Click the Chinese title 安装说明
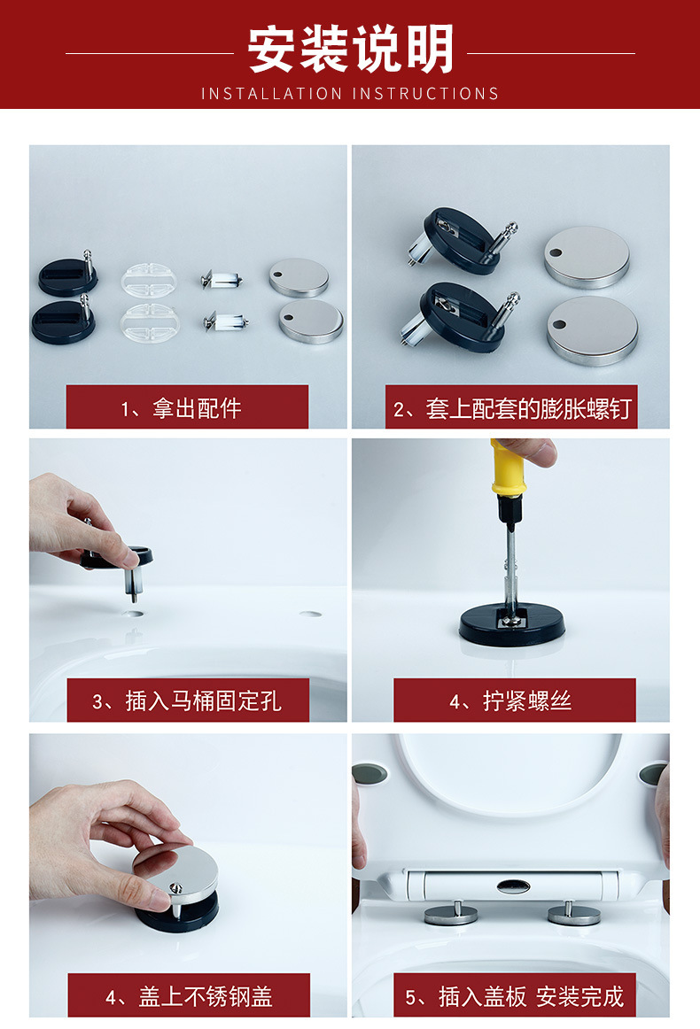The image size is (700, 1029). click(350, 49)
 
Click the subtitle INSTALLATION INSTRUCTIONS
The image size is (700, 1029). click(350, 93)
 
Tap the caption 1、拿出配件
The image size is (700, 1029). click(187, 407)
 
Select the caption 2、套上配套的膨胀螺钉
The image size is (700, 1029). click(511, 408)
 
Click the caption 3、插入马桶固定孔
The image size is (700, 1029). click(187, 701)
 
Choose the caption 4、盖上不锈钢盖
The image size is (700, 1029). click(187, 996)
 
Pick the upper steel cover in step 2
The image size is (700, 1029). click(587, 257)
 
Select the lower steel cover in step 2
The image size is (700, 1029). click(592, 329)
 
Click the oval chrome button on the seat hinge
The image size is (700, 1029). click(513, 885)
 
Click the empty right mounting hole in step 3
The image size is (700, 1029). click(310, 613)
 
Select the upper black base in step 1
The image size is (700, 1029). click(67, 276)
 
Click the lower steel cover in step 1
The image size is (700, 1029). click(311, 321)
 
